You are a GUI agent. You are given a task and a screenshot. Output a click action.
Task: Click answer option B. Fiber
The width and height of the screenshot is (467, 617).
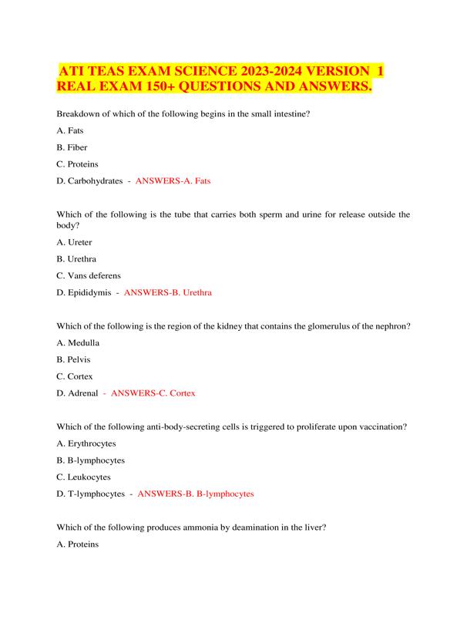(x=72, y=147)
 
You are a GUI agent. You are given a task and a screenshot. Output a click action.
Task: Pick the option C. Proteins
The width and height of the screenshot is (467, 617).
(x=78, y=164)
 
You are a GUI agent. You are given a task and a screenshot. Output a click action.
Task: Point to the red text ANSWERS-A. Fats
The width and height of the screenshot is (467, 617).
(x=173, y=180)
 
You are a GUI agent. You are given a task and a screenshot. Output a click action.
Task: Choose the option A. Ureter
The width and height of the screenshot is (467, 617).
(x=75, y=241)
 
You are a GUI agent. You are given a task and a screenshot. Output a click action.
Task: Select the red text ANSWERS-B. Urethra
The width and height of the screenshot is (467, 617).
(x=167, y=293)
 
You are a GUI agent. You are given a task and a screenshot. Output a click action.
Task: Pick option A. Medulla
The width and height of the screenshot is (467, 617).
(x=79, y=342)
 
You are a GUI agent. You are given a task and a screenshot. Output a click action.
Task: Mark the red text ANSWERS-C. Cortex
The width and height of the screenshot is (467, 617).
(x=153, y=393)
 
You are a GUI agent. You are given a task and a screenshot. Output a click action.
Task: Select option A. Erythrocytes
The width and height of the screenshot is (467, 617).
(x=86, y=443)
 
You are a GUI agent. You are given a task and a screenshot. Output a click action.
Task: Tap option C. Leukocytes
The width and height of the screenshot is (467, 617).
(x=83, y=477)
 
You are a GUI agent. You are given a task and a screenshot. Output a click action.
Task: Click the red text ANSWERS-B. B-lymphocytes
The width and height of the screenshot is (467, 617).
(x=195, y=494)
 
